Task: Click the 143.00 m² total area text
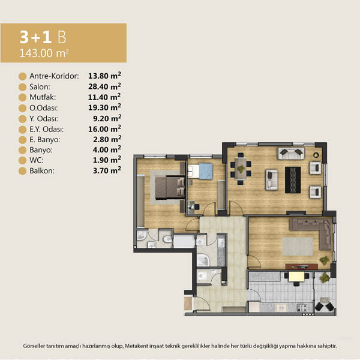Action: [x=44, y=53]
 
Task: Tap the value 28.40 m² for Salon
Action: [x=104, y=86]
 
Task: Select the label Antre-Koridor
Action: [x=54, y=76]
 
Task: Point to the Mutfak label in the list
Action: [x=43, y=97]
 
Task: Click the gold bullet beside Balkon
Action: [x=23, y=171]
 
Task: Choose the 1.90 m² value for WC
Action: [x=107, y=160]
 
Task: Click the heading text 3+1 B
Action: [x=43, y=37]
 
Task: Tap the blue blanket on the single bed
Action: [x=206, y=171]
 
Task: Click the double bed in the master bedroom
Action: [x=170, y=187]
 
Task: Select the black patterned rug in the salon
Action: [x=293, y=180]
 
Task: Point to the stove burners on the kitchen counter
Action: [x=302, y=308]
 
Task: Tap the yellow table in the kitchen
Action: [x=296, y=277]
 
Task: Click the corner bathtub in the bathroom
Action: [x=203, y=260]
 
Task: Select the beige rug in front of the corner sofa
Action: [x=298, y=247]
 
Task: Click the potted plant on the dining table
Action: [x=241, y=169]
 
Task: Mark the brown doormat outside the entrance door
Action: [x=188, y=304]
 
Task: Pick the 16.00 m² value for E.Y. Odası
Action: [x=104, y=129]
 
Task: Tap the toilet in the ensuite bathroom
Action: [x=167, y=239]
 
